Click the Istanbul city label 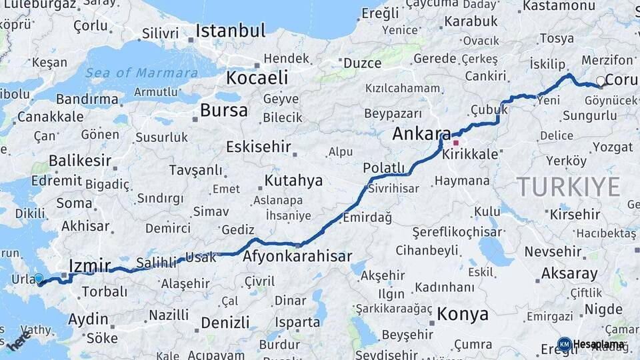[230, 31]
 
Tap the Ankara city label [421, 133]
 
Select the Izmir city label [89, 267]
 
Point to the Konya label [463, 314]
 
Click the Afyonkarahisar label [297, 256]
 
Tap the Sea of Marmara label [141, 73]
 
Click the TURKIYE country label [568, 187]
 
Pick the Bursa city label [224, 110]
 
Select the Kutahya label [293, 180]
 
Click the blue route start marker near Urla [39, 279]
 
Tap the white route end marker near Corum [601, 81]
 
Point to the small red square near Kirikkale [456, 143]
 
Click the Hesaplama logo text [599, 345]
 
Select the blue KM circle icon [564, 344]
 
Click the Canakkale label [50, 117]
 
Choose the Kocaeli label [257, 78]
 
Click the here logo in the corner [19, 341]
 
